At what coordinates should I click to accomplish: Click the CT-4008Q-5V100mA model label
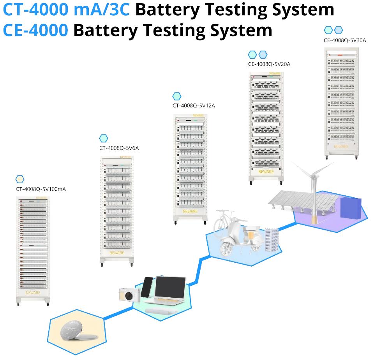pyautogui.click(x=41, y=190)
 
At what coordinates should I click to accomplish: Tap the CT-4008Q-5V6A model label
pyautogui.click(x=119, y=148)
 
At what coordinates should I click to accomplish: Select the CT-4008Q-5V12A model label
pyautogui.click(x=194, y=105)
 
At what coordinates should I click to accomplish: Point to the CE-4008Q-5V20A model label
pyautogui.click(x=269, y=64)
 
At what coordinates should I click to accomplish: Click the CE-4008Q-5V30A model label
pyautogui.click(x=345, y=40)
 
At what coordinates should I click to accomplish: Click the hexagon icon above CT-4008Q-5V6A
pyautogui.click(x=104, y=138)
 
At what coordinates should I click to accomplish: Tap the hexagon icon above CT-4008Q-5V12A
pyautogui.click(x=177, y=96)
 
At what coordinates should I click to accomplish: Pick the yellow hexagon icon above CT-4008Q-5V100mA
pyautogui.click(x=20, y=179)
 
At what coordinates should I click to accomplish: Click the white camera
pyautogui.click(x=129, y=295)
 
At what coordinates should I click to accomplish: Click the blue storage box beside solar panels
pyautogui.click(x=351, y=208)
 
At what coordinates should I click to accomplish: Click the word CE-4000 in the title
pyautogui.click(x=35, y=30)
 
